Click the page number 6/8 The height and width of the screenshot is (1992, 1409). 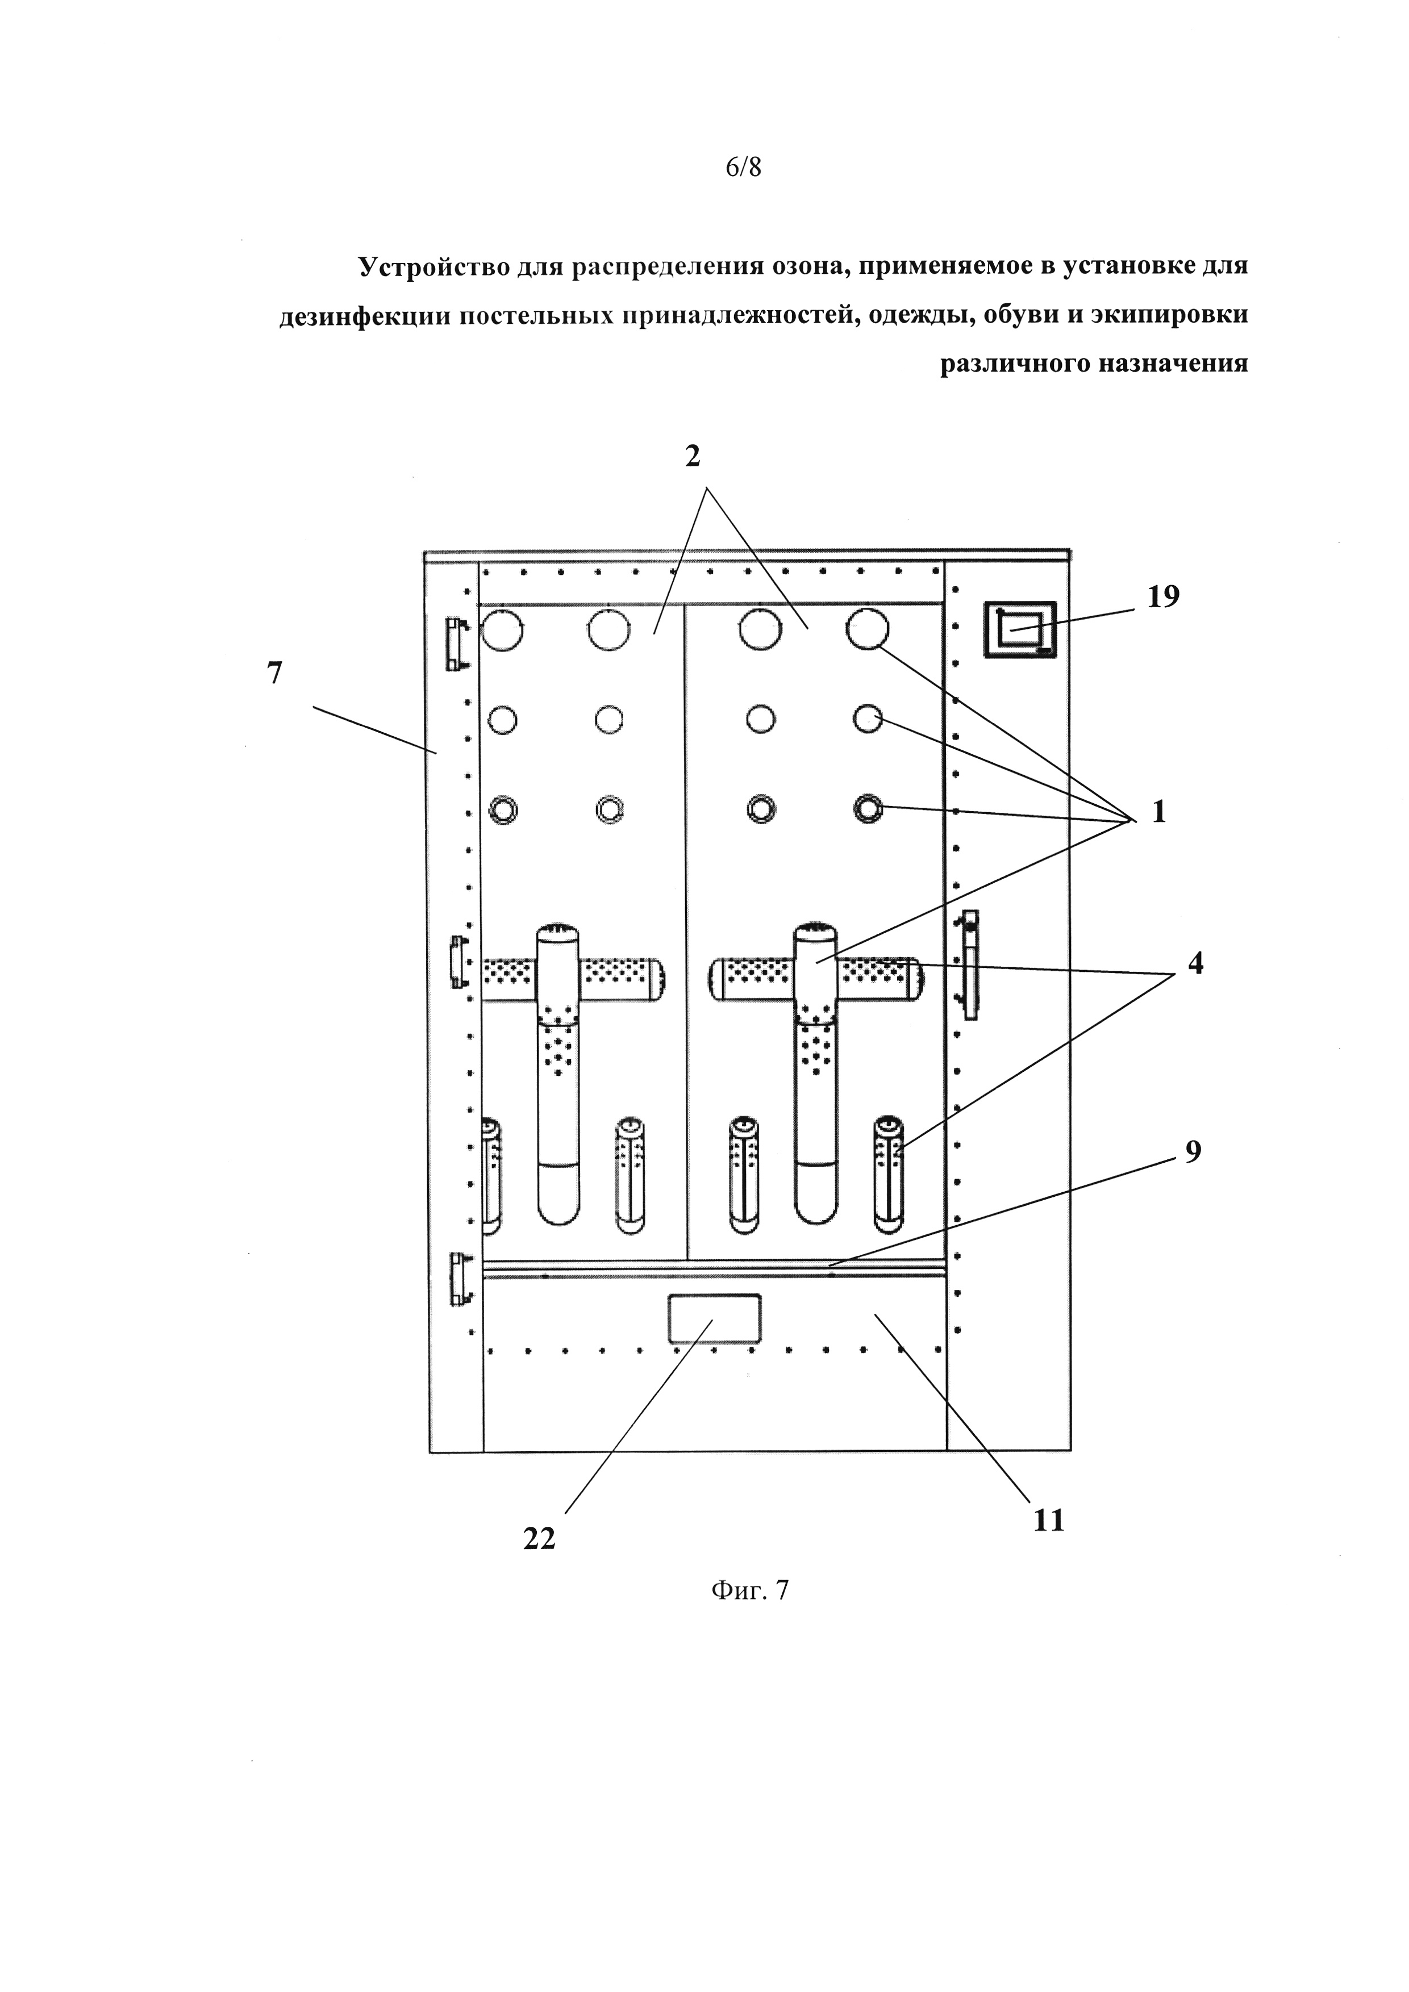(x=744, y=168)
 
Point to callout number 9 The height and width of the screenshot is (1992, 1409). (x=1193, y=1151)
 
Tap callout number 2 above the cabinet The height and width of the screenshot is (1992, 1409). (x=693, y=456)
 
